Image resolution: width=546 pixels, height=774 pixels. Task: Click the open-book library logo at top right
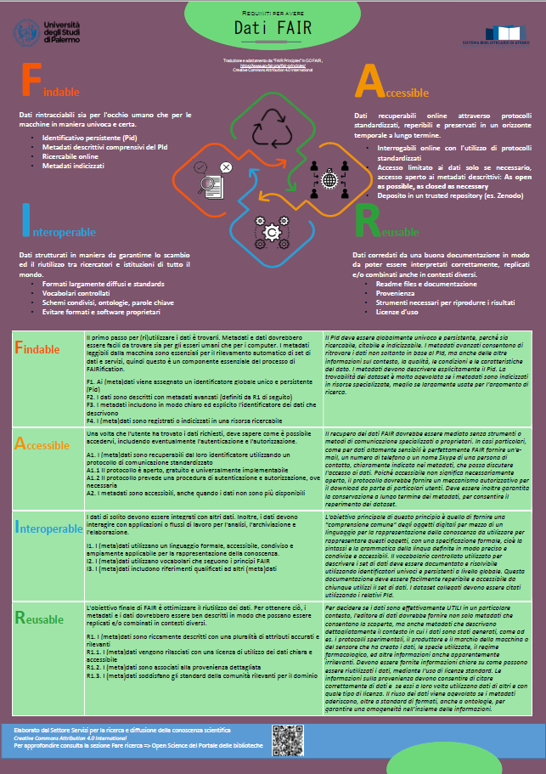[x=506, y=31]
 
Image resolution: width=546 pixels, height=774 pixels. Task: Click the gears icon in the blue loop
[x=273, y=229]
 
